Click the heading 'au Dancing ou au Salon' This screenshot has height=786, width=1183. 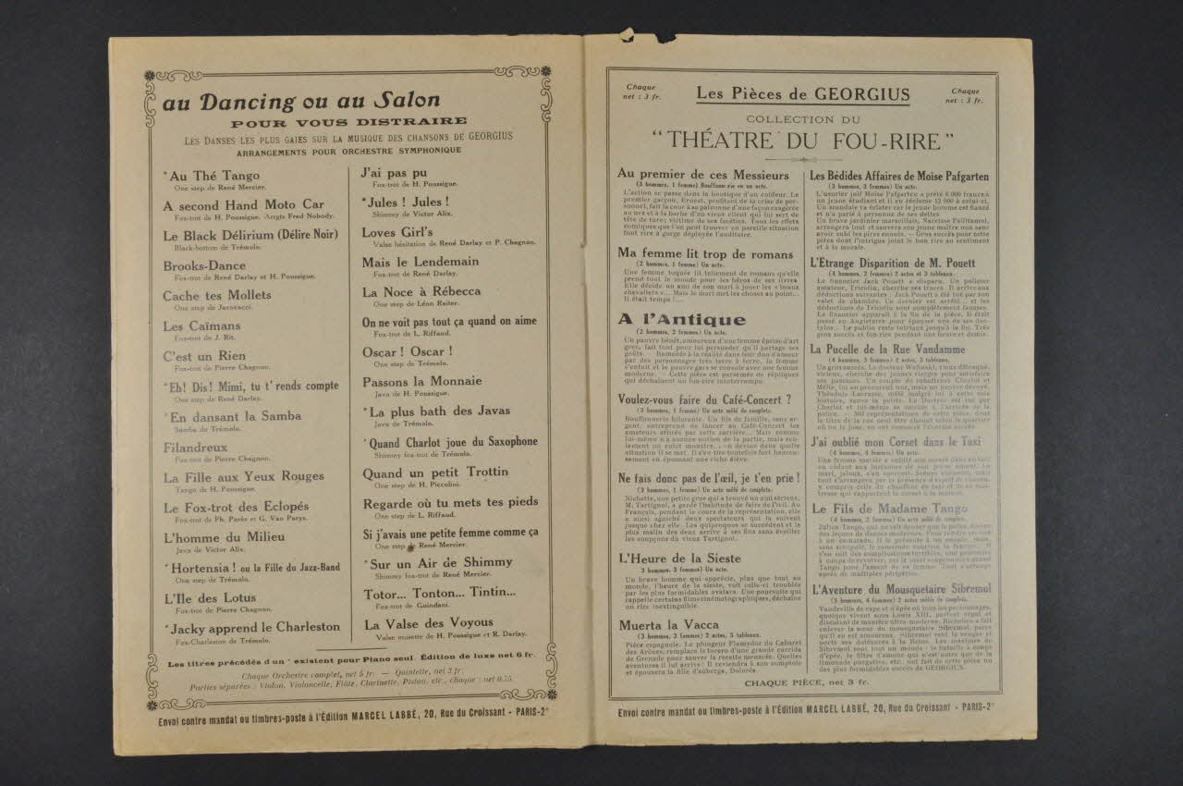[301, 102]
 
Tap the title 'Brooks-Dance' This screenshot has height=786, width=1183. [205, 265]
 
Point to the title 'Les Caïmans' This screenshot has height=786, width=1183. [201, 325]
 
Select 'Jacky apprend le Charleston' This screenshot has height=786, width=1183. [252, 627]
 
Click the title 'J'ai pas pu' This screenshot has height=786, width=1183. [395, 172]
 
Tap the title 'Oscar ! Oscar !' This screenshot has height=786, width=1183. [408, 351]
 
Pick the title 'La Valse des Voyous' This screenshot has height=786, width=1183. [428, 622]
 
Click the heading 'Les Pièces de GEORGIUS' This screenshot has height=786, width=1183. [802, 94]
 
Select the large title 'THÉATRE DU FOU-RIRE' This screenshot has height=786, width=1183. [802, 141]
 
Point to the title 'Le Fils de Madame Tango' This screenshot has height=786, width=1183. [890, 509]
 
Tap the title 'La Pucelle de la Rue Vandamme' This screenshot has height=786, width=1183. [887, 350]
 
